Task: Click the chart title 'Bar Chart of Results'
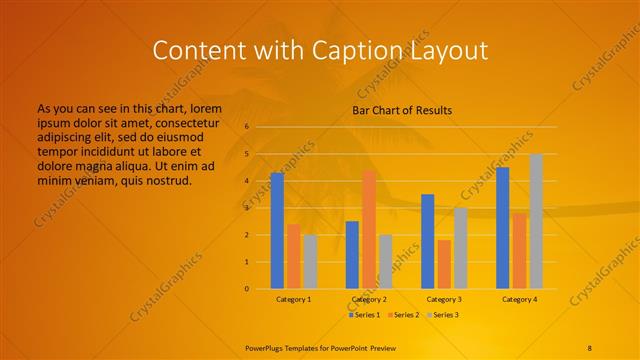[x=402, y=110]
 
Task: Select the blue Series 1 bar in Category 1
[x=277, y=231]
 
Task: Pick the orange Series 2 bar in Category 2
[x=369, y=229]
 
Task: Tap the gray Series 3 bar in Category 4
[x=536, y=221]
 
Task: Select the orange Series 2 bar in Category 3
[x=444, y=264]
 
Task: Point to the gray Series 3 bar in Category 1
[x=310, y=262]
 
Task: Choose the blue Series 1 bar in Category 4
[x=502, y=228]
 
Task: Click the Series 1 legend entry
[x=364, y=315]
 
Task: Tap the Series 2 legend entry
[x=403, y=315]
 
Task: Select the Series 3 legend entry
[x=441, y=315]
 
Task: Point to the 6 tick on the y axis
[x=246, y=127]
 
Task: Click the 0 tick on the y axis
[x=246, y=289]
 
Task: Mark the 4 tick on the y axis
[x=246, y=181]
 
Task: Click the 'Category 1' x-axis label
[x=294, y=299]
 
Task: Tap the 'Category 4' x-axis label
[x=519, y=299]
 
